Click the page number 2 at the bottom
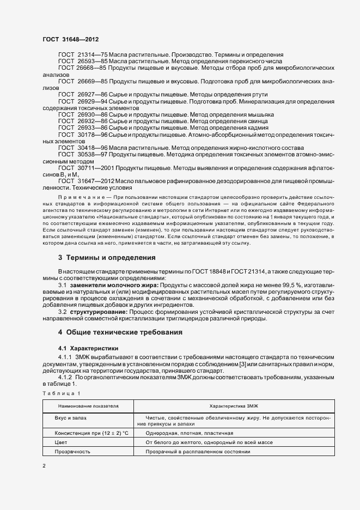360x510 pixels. [44, 466]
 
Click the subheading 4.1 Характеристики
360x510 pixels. [88, 348]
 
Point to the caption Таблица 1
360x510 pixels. [61, 393]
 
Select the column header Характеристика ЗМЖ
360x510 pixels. [234, 406]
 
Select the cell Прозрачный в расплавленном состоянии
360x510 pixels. [198, 452]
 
